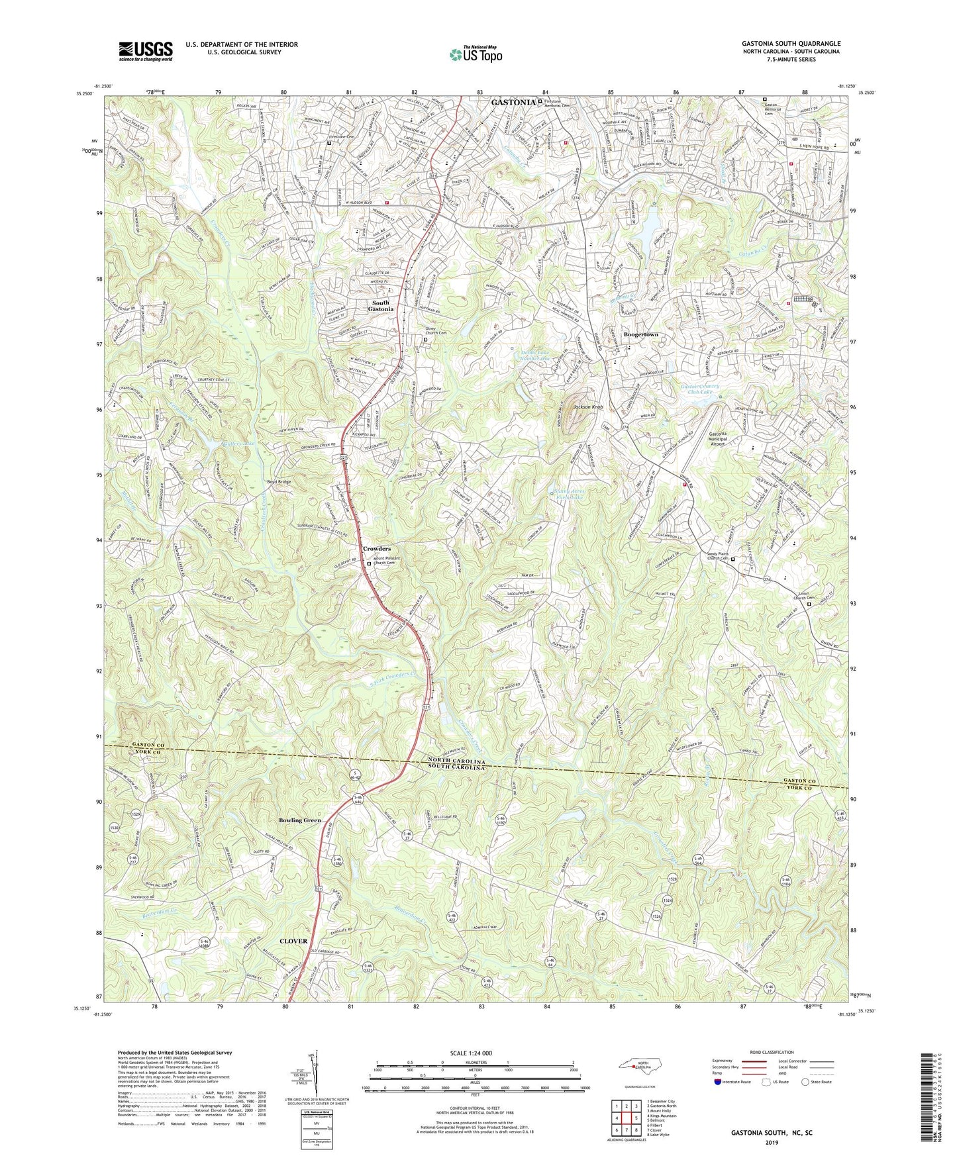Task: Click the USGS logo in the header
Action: pyautogui.click(x=146, y=50)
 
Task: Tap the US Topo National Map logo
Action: pyautogui.click(x=475, y=54)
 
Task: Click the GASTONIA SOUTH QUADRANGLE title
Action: pyautogui.click(x=791, y=44)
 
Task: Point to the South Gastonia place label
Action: pyautogui.click(x=381, y=306)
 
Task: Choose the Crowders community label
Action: pyautogui.click(x=376, y=549)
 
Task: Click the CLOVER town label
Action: pyautogui.click(x=293, y=941)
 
